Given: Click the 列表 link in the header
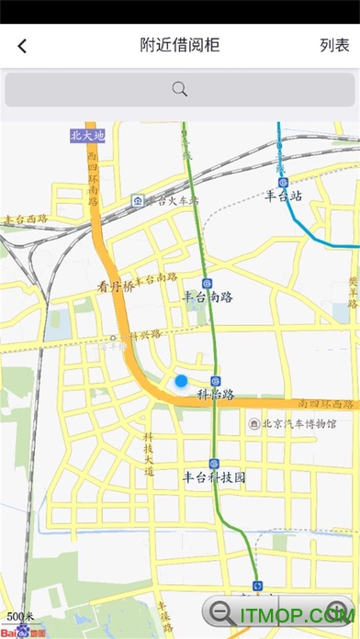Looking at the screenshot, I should tap(334, 45).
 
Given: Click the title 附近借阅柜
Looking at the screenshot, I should tap(180, 45).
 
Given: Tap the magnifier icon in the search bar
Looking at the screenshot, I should tap(180, 89).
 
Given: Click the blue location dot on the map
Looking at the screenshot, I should tap(181, 380).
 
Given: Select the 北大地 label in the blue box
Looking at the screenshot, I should tap(88, 136).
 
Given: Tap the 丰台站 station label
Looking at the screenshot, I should tap(284, 195).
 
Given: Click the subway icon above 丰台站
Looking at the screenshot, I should tap(283, 182).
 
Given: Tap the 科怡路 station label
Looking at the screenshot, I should tap(216, 395).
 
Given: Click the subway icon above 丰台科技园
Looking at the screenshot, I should tap(214, 464).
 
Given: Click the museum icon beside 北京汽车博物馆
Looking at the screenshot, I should tap(254, 424).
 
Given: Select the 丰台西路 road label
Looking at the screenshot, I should tap(26, 219).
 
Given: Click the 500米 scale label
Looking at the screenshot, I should tap(20, 616).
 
